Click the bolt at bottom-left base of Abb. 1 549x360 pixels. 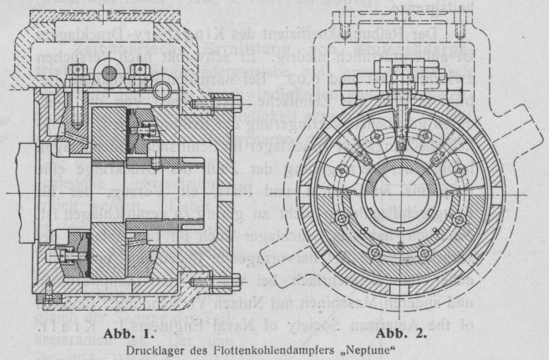click(x=49, y=292)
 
